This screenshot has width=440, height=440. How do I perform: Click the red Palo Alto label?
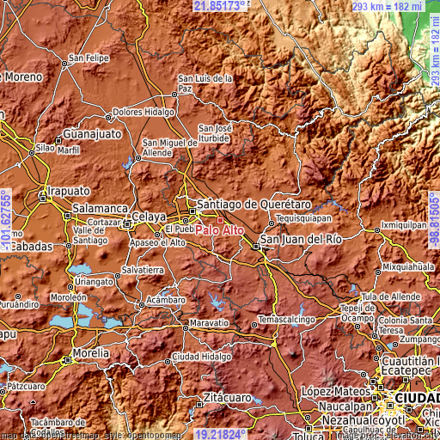coord(219,230)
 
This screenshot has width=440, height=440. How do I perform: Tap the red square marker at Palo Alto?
coord(220,220)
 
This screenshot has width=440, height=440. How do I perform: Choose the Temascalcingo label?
coord(290,318)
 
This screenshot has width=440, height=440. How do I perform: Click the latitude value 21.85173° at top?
coord(221,5)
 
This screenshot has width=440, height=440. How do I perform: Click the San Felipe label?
coord(89,58)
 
